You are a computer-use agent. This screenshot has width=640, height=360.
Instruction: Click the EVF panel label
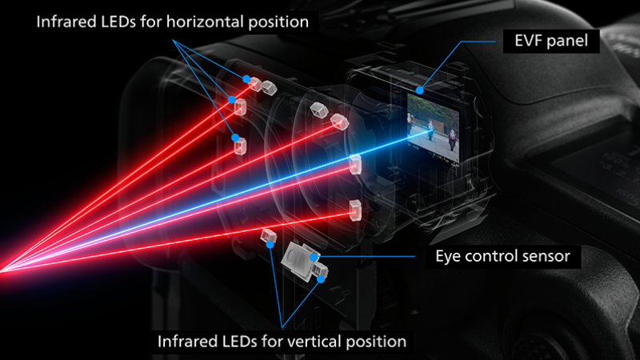point(551,41)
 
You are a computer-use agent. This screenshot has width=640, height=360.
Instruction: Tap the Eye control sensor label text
point(502,256)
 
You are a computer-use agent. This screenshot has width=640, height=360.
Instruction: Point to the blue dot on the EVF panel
point(420,90)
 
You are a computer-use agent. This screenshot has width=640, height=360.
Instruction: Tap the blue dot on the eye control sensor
point(314,257)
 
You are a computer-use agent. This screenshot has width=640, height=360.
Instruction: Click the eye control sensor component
point(305,262)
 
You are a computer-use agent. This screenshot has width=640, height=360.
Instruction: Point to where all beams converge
point(2,270)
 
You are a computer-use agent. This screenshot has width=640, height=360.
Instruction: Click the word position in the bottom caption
point(375,342)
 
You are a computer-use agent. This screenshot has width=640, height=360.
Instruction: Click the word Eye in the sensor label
point(448,257)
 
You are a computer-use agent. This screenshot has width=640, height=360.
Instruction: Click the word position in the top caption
point(278,22)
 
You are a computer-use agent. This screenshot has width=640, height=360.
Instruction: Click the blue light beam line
point(216,200)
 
